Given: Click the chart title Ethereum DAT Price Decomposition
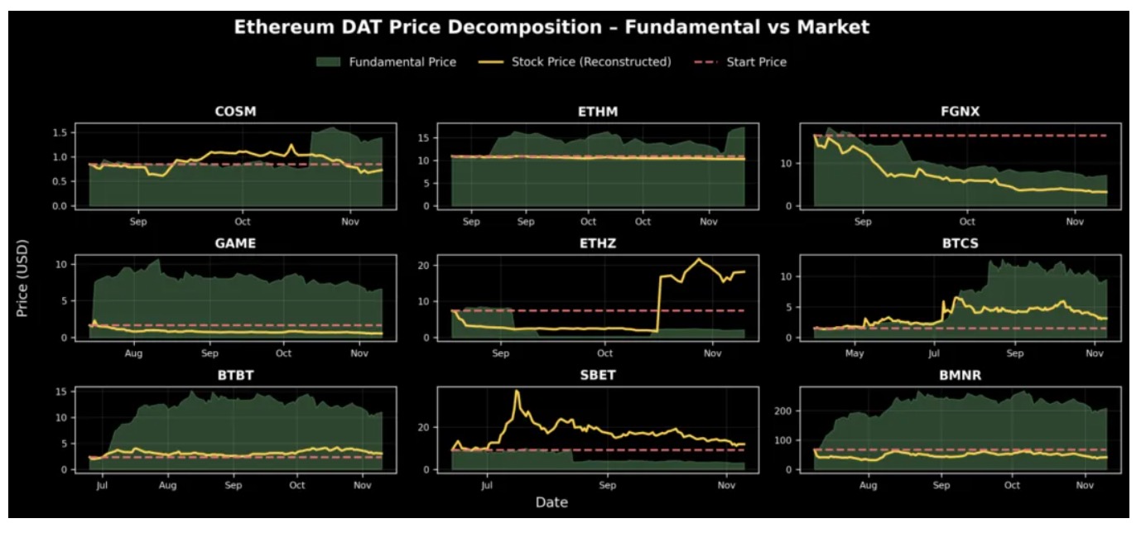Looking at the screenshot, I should [551, 27].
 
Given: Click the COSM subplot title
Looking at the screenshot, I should [235, 112].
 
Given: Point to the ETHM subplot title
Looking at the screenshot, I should [598, 112].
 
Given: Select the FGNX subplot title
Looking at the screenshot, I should [960, 112].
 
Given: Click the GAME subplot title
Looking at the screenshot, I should [235, 243].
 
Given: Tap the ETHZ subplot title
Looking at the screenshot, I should [598, 243].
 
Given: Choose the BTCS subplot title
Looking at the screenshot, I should [960, 243].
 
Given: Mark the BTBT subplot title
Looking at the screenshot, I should [235, 375].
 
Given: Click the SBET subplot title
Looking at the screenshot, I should [598, 375].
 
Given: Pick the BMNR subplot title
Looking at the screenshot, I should [960, 375].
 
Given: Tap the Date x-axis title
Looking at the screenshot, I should [551, 502].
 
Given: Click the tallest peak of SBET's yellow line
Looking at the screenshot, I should [517, 391].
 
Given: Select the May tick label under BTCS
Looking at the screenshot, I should [855, 353].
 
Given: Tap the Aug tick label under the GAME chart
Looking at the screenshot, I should [133, 353].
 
